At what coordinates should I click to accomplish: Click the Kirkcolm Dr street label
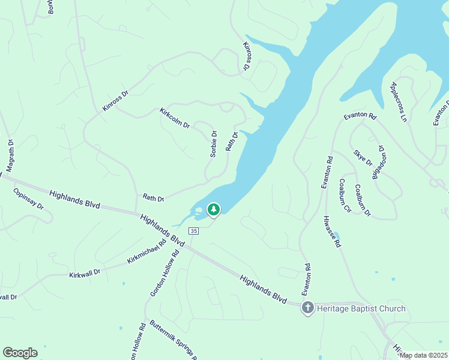click(x=175, y=118)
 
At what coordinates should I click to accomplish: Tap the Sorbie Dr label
click(x=213, y=144)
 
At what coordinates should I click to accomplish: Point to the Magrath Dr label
click(x=10, y=154)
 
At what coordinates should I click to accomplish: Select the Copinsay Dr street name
click(x=28, y=199)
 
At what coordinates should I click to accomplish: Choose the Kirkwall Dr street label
click(x=84, y=273)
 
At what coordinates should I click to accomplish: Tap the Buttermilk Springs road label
click(x=173, y=340)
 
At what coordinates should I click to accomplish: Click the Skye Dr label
click(x=363, y=158)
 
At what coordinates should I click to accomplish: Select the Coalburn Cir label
click(x=345, y=196)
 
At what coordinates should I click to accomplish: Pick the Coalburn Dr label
click(x=363, y=200)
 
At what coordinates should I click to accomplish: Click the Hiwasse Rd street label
click(x=332, y=232)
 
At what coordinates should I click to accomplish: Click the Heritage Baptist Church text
click(x=361, y=308)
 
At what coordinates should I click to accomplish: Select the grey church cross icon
click(x=307, y=308)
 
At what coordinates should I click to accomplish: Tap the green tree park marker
click(x=212, y=209)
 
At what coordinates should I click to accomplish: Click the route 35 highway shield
click(x=193, y=231)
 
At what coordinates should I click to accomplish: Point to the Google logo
click(x=20, y=353)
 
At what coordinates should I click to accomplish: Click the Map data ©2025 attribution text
click(x=423, y=355)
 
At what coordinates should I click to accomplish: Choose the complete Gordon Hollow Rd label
click(x=165, y=273)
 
